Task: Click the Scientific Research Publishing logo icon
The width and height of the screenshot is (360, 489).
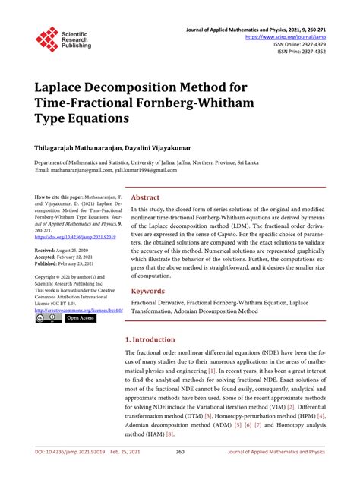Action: click(47, 39)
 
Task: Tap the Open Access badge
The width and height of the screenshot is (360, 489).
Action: click(82, 318)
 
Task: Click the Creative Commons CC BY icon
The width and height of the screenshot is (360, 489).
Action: click(49, 318)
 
